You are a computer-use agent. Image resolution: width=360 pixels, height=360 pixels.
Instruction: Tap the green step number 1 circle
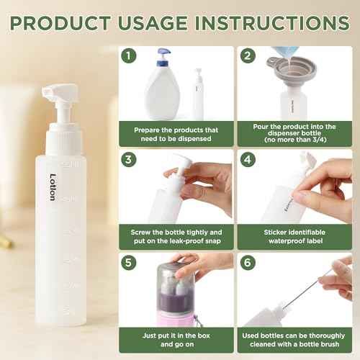[130, 55]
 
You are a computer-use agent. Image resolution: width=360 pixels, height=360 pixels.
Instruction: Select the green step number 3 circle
[130, 158]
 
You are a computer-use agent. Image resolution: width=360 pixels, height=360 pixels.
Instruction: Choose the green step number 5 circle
[130, 261]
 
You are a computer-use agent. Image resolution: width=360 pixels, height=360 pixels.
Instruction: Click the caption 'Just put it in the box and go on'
[176, 341]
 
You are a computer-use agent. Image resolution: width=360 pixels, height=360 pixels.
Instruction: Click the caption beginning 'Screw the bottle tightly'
[176, 238]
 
